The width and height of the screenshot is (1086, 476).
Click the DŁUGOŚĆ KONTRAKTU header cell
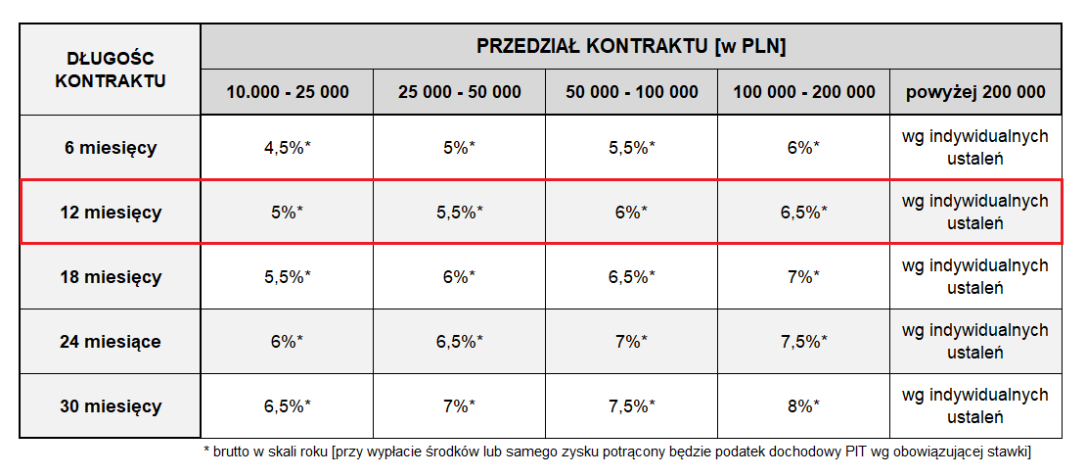click(x=110, y=70)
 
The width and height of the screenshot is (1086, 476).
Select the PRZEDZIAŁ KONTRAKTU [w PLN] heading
click(x=631, y=46)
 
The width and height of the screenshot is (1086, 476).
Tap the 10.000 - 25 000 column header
click(x=288, y=92)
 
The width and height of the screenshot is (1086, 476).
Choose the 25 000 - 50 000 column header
click(x=460, y=92)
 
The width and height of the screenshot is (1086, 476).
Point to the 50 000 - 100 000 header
click(x=632, y=92)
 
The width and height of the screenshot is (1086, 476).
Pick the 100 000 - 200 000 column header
click(x=804, y=92)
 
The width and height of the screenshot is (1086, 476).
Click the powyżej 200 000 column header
click(x=975, y=92)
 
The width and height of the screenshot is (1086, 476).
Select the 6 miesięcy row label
click(x=111, y=148)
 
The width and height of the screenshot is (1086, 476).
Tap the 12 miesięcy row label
click(x=111, y=213)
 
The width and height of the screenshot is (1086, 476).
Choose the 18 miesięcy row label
click(x=111, y=277)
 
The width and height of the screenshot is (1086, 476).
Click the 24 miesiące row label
click(x=111, y=342)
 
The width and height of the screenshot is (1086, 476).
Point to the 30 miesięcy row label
click(x=111, y=406)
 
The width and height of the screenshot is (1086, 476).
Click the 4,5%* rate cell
click(x=288, y=148)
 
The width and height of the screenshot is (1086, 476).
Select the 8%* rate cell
click(x=804, y=406)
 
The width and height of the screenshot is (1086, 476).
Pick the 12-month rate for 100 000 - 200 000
click(x=804, y=213)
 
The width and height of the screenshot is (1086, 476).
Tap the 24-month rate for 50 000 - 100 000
click(x=632, y=342)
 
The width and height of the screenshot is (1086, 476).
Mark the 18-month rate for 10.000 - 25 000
click(x=288, y=277)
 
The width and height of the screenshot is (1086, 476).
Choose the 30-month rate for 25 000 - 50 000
click(x=460, y=406)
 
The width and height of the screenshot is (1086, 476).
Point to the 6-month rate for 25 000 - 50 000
click(x=460, y=148)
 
